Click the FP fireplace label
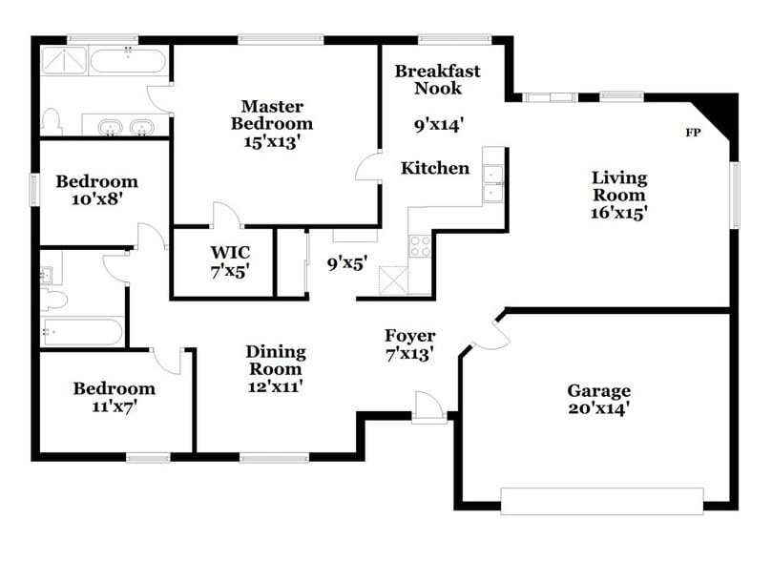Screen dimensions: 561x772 pos(693,132)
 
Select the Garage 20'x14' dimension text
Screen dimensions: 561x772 pos(598,408)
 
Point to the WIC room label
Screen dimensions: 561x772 pos(230,252)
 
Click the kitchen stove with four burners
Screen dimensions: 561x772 pos(421,245)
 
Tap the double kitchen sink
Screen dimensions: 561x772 pos(493,182)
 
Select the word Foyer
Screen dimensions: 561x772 pos(409,336)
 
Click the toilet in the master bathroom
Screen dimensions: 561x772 pos(52,120)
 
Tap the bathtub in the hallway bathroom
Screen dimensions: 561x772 pos(82,332)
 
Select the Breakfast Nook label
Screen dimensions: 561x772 pos(437,79)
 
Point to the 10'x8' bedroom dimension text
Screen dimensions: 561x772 pos(96,199)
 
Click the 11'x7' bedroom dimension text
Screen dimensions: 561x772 pos(115,406)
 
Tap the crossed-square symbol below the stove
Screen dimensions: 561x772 pos(392,281)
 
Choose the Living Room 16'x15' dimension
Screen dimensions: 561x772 pos(619,213)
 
